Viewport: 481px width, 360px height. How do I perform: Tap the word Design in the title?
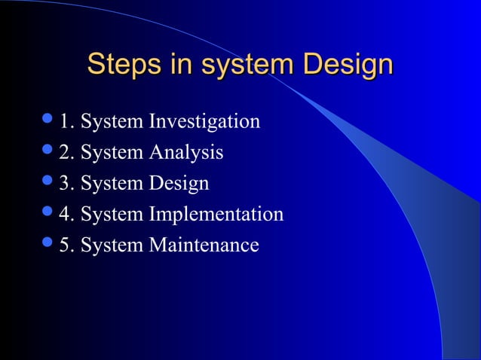(x=348, y=64)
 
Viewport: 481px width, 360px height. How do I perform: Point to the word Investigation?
(x=204, y=121)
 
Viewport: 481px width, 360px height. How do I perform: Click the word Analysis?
(x=185, y=152)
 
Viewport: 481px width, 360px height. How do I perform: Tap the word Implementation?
(x=216, y=215)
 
